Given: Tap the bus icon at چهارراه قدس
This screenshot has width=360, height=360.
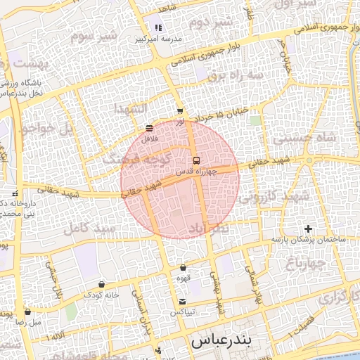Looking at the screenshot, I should [195, 159].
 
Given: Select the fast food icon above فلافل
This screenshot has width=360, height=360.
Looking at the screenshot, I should [149, 129].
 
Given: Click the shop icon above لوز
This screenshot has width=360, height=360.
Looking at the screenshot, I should [180, 111].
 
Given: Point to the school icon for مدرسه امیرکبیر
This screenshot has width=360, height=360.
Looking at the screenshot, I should [158, 28].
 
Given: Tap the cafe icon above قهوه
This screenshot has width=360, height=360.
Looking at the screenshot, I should [184, 268].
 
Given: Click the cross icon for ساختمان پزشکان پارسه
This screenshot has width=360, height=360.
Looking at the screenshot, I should [307, 229].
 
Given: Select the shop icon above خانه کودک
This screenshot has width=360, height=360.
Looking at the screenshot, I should [102, 285].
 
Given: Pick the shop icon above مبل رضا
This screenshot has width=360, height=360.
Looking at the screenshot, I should [27, 311].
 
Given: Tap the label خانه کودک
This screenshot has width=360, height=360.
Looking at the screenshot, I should [103, 295].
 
